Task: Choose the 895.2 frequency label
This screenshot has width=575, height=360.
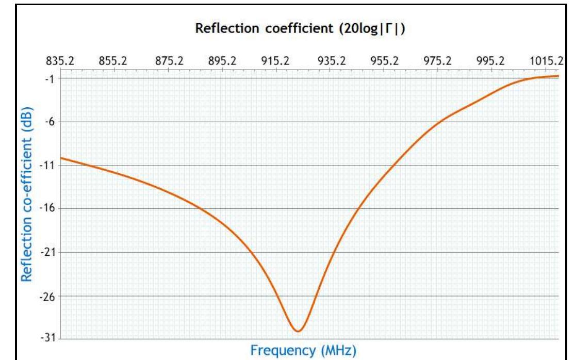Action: tap(223, 60)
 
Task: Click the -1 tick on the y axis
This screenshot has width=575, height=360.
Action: tap(53, 78)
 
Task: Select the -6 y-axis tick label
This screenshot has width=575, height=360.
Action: tap(53, 122)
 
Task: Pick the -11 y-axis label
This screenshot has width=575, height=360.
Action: tap(51, 166)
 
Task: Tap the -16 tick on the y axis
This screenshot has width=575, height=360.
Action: tap(51, 209)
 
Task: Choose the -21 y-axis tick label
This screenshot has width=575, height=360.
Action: tap(51, 253)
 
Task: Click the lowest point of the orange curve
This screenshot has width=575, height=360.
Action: tap(298, 331)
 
